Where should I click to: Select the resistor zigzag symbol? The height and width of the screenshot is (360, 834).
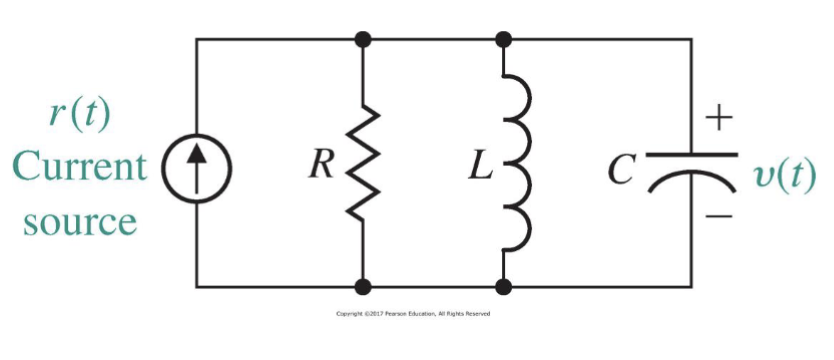tap(363, 164)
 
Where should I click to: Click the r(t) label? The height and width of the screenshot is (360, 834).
tap(79, 112)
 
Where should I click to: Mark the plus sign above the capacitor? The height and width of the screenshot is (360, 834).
tap(721, 119)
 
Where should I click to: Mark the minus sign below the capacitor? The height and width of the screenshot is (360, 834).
tap(721, 214)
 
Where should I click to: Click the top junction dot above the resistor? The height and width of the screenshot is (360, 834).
tap(363, 39)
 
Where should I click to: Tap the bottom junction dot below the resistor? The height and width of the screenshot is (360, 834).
tap(363, 287)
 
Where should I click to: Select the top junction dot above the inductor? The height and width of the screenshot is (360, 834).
tap(504, 39)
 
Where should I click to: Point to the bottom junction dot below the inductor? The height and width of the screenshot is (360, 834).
tap(504, 287)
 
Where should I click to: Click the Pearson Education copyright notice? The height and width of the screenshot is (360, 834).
tap(414, 314)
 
